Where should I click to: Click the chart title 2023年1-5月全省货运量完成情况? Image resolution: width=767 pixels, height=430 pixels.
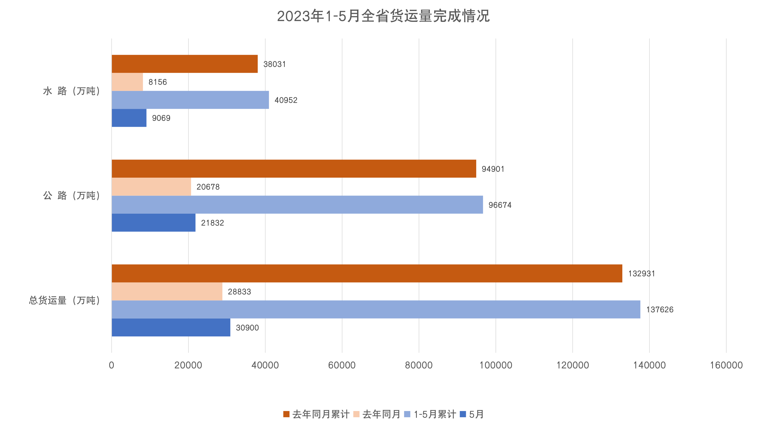click(x=383, y=16)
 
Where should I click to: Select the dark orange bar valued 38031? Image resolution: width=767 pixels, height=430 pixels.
click(x=185, y=64)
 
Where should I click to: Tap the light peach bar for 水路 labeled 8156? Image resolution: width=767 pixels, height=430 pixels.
click(x=127, y=82)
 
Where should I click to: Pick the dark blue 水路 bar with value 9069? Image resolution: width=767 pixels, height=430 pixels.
click(x=129, y=118)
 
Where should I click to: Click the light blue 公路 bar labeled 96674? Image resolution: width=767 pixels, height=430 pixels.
click(x=297, y=205)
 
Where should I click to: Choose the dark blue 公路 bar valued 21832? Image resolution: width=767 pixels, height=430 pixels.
click(x=153, y=222)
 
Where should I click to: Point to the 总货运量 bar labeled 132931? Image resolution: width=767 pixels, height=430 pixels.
click(x=367, y=273)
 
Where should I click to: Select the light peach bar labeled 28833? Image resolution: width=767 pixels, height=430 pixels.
click(x=167, y=292)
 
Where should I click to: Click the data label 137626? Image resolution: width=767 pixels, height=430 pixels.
click(x=660, y=310)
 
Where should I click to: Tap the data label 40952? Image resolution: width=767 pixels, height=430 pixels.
click(x=286, y=100)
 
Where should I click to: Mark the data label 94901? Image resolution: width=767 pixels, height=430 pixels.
click(x=493, y=169)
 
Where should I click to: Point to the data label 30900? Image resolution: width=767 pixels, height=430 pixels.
click(x=247, y=328)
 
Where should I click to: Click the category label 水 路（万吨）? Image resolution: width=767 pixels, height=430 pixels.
click(x=71, y=91)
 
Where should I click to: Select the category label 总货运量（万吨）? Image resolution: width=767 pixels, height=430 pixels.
click(x=64, y=300)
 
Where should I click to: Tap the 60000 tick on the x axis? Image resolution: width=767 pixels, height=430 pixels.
click(x=342, y=365)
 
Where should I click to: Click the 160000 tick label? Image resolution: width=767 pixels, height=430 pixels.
click(x=726, y=365)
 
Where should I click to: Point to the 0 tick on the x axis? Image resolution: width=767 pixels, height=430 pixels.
click(x=112, y=365)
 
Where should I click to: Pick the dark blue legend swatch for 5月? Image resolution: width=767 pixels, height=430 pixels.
click(x=463, y=414)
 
